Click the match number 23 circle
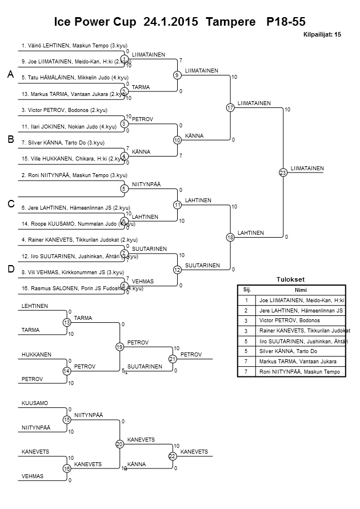(x=282, y=172)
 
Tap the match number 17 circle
(x=230, y=107)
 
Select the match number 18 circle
(x=230, y=237)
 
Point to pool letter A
(x=10, y=75)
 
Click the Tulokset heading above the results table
(x=291, y=279)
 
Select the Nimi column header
(x=300, y=290)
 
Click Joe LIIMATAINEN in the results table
(x=300, y=300)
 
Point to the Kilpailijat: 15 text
(x=321, y=35)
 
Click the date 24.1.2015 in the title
(x=171, y=22)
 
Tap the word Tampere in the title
(x=230, y=22)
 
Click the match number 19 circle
(x=119, y=347)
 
